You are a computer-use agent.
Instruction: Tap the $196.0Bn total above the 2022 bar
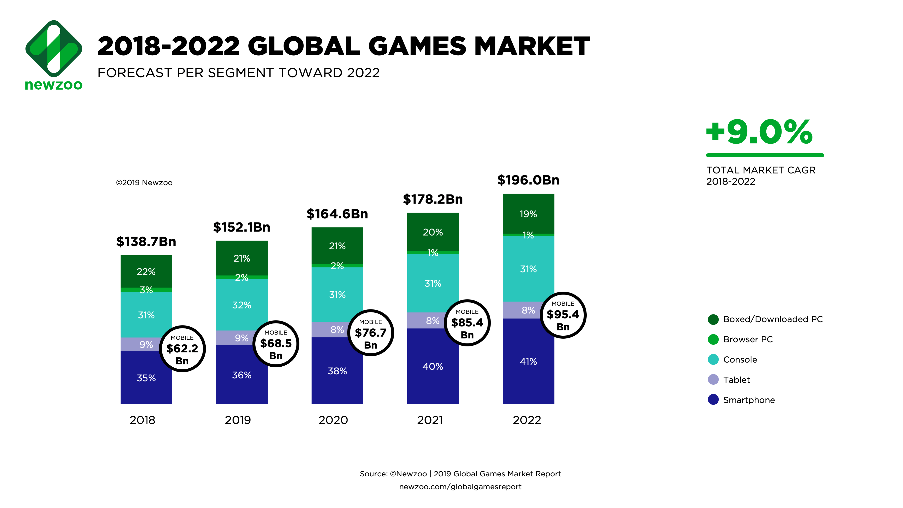pos(528,180)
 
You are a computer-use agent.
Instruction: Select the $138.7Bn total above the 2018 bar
pos(146,241)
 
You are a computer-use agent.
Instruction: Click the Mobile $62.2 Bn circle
pos(182,349)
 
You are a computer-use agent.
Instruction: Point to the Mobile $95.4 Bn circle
pos(563,315)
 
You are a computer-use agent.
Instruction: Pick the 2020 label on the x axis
pos(333,420)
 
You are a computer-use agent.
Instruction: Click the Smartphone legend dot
pos(713,400)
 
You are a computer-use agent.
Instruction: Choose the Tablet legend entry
pos(736,380)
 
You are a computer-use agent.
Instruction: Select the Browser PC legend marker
pos(713,339)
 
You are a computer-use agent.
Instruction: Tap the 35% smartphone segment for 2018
pos(146,378)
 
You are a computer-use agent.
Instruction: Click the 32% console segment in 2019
pos(242,305)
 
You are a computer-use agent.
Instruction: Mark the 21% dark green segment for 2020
pos(337,246)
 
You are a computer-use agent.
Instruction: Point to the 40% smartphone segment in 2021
pos(433,366)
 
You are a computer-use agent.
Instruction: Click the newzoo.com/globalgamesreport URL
pos(460,487)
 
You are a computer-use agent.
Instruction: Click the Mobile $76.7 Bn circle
pos(371,333)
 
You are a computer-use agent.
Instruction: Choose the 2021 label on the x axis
pos(430,420)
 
